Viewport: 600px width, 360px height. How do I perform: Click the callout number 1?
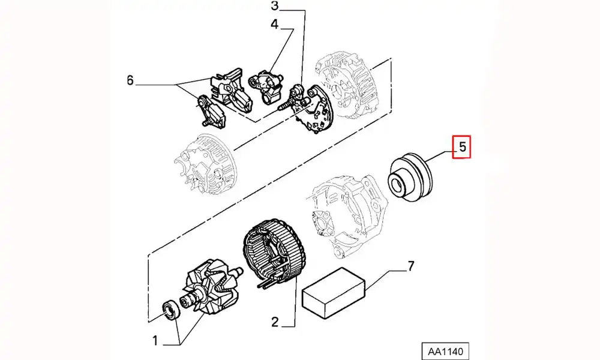pos(154,341)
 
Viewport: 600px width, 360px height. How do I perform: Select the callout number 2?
pos(274,322)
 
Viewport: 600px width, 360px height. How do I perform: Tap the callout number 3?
pos(275,7)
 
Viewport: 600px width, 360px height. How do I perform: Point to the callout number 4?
pos(274,25)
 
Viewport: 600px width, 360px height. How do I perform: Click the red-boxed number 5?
pos(462,146)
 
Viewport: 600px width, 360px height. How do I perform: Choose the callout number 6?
pos(130,80)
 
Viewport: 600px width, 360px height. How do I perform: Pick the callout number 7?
pos(411,266)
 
